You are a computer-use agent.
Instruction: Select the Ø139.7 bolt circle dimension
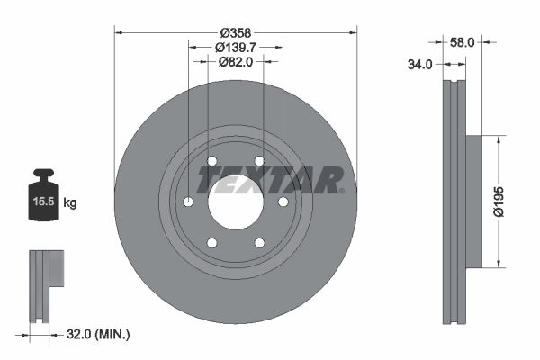(x=236, y=47)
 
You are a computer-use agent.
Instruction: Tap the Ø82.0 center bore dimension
(x=236, y=62)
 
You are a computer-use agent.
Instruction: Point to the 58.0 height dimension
(x=463, y=41)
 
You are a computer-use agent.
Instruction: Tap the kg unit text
(x=70, y=203)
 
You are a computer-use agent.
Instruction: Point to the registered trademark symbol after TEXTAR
(x=341, y=190)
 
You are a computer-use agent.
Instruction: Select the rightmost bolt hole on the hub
(x=283, y=202)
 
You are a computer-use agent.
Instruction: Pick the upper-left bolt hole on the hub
(x=212, y=161)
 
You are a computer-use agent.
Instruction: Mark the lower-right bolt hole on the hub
(x=259, y=242)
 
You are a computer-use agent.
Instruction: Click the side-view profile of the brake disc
(x=456, y=202)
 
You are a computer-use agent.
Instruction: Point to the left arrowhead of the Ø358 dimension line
(x=118, y=32)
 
